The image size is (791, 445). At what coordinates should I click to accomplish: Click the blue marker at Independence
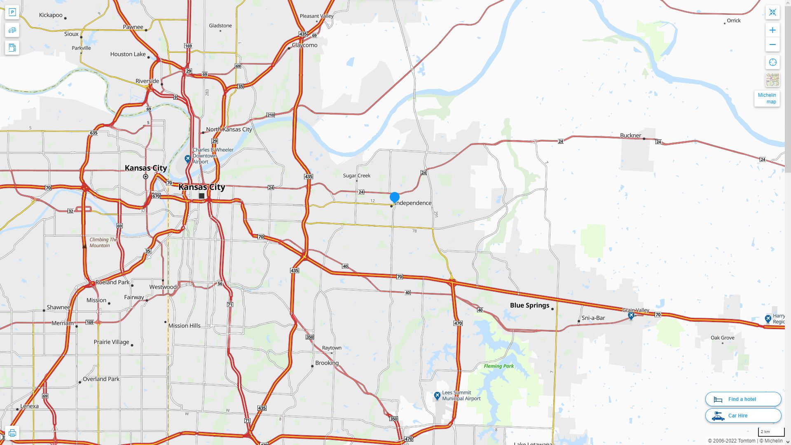[x=395, y=197]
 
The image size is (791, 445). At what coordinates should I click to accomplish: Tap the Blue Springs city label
[x=529, y=305]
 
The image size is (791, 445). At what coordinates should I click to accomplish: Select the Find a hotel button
[x=743, y=399]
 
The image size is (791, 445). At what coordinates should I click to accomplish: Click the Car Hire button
[x=743, y=415]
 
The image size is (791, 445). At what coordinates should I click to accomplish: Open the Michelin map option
[x=767, y=98]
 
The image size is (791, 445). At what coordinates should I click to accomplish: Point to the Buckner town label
[x=630, y=136]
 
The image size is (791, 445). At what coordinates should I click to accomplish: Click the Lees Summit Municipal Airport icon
[x=437, y=396]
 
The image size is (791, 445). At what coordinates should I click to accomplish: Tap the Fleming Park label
[x=498, y=366]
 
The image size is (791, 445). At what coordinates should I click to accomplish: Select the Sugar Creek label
[x=357, y=176]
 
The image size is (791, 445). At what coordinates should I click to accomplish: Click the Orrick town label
[x=733, y=21]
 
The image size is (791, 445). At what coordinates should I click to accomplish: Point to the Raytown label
[x=332, y=348]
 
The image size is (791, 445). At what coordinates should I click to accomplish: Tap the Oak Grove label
[x=722, y=338]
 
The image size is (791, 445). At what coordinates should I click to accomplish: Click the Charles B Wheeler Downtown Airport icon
[x=188, y=159]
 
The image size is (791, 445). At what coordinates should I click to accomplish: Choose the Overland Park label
[x=101, y=379]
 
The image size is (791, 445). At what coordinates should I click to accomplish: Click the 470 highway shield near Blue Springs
[x=458, y=323]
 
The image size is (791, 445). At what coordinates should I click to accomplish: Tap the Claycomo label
[x=304, y=45]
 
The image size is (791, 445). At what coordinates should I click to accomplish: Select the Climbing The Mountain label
[x=103, y=242]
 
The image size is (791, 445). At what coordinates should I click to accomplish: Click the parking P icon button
[x=12, y=12]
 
